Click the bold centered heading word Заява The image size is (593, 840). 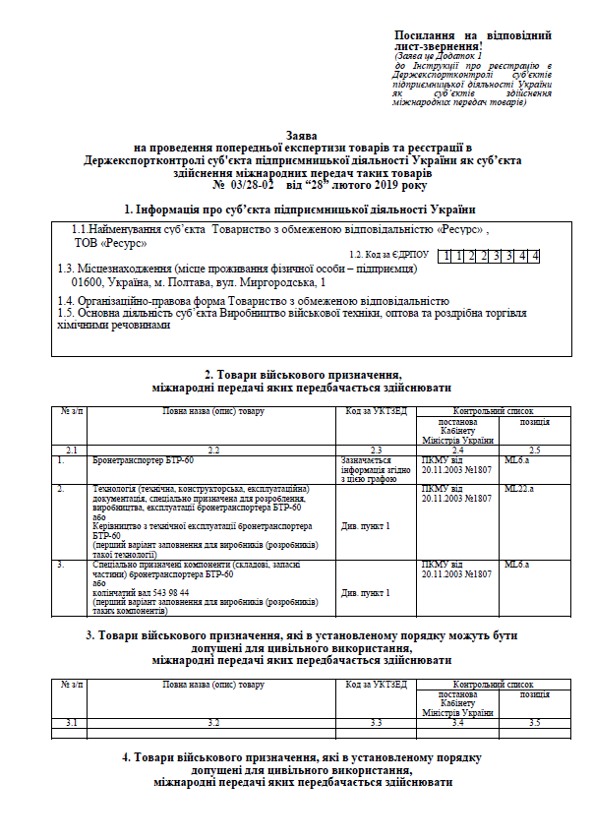[x=295, y=131]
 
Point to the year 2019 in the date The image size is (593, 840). [x=371, y=184]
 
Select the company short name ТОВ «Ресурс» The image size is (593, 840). [x=111, y=241]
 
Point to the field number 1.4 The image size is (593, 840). [x=66, y=300]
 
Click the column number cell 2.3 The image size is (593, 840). [x=375, y=450]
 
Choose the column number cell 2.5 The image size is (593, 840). [x=534, y=450]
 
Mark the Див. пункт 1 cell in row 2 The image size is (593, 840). [x=366, y=526]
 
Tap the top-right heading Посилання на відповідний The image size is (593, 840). [x=472, y=35]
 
